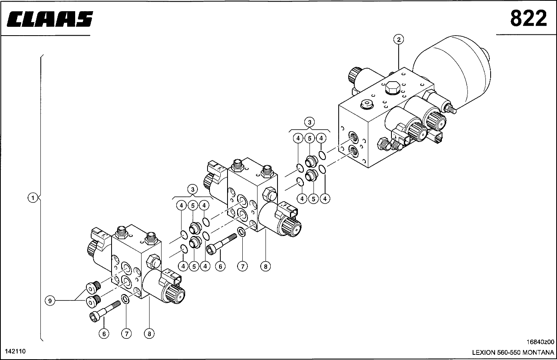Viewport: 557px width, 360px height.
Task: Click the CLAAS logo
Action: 50,19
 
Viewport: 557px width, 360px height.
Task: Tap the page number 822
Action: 528,18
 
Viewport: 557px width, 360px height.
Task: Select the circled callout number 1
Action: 32,198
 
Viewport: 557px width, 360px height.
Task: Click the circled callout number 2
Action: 399,39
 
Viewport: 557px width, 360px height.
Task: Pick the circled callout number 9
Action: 50,301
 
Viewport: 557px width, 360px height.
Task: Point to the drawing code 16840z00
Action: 540,342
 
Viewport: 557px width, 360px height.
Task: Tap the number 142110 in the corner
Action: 15,351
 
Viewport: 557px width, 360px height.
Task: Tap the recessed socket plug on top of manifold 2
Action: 367,104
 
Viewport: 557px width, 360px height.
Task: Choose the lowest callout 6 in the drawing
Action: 104,334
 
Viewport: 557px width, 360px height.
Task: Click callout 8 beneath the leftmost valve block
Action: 149,334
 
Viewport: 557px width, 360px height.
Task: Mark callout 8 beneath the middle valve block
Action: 266,266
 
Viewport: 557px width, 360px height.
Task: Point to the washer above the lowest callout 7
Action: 125,299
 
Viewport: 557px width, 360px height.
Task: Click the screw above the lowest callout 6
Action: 104,311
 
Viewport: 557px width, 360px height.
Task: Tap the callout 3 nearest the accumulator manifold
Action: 309,122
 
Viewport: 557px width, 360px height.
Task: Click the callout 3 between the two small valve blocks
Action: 193,189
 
